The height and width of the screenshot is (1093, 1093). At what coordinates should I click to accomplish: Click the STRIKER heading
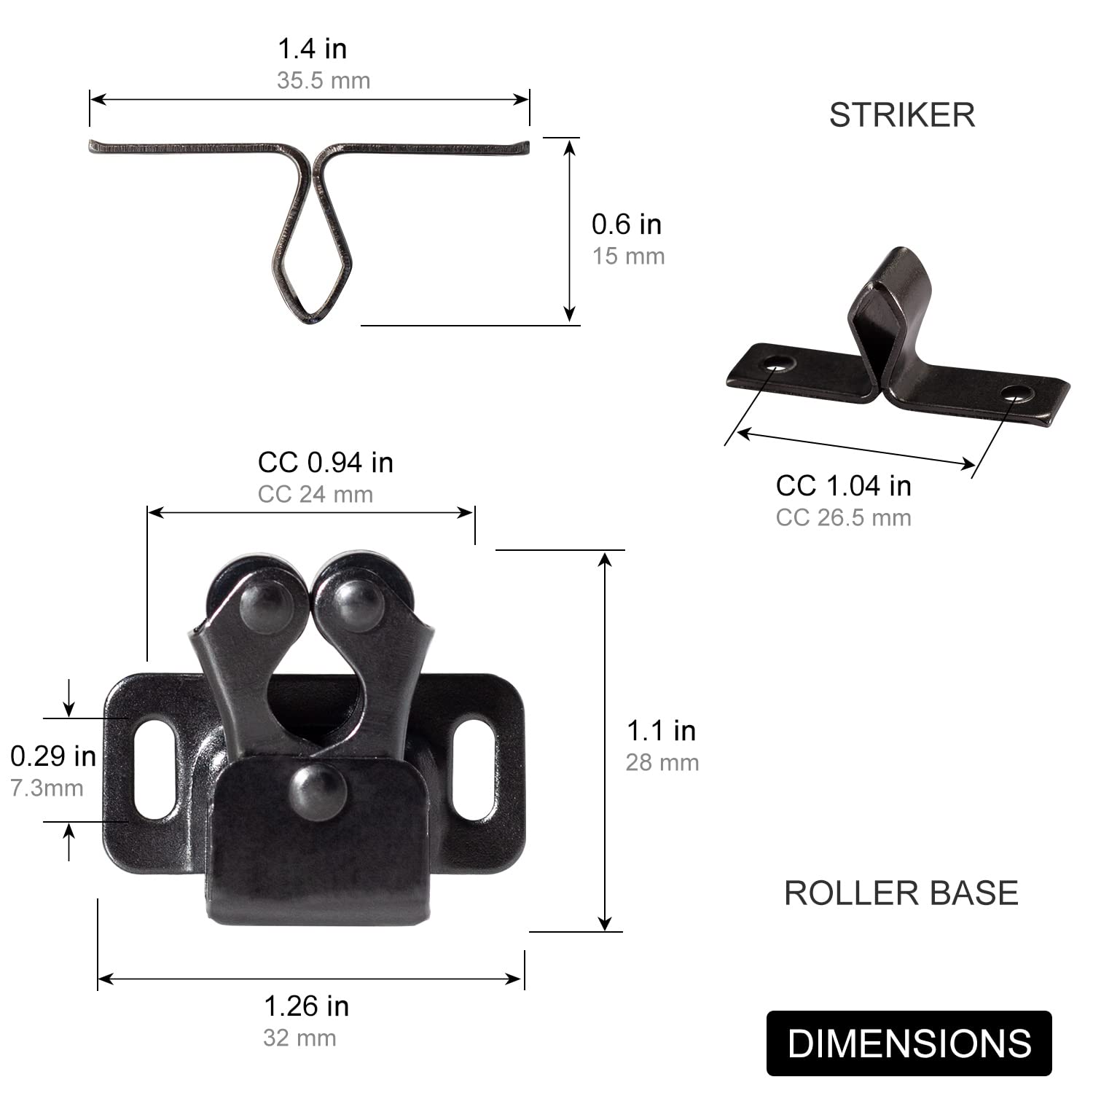pos(902,115)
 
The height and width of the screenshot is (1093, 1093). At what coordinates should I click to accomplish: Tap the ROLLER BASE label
pos(901,893)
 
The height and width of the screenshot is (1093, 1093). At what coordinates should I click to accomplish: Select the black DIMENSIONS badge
pos(909,1043)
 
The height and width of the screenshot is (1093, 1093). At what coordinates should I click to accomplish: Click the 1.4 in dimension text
pos(313,49)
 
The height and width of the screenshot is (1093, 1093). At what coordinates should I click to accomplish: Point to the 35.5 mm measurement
pos(324,80)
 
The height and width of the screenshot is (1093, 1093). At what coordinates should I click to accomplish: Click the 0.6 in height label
pos(627,224)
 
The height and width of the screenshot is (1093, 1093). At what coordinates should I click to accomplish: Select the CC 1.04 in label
pos(844,485)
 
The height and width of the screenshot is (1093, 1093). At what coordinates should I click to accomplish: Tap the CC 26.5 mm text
pos(844,517)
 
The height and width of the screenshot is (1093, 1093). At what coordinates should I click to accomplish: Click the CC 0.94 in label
pos(326,462)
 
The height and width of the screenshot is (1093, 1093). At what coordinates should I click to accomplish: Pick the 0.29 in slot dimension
pos(53,756)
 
